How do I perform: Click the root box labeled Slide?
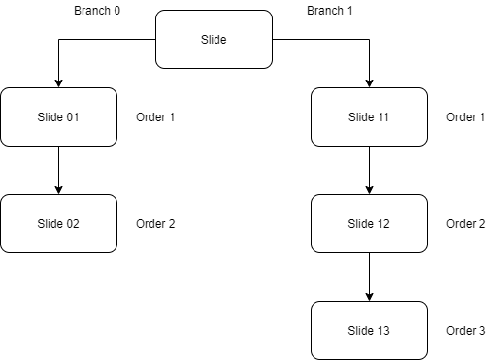click(x=214, y=39)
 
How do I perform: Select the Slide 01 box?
click(x=58, y=116)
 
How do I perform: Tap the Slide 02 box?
click(x=58, y=223)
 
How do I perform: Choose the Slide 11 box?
click(x=369, y=116)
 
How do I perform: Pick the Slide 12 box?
click(x=369, y=223)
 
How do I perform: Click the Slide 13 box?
click(x=369, y=330)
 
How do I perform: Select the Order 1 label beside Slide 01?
click(x=155, y=117)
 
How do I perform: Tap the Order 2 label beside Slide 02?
click(x=155, y=224)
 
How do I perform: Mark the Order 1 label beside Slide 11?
click(x=466, y=117)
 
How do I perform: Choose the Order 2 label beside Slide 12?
click(x=466, y=224)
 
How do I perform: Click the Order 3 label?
click(x=466, y=331)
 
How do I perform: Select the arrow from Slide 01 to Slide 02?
click(x=58, y=169)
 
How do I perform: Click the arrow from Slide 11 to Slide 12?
click(x=369, y=169)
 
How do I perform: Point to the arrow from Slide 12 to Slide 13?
click(x=369, y=276)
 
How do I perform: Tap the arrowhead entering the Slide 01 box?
click(x=58, y=82)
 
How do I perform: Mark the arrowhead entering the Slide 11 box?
click(x=369, y=82)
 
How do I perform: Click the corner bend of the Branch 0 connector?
click(x=58, y=39)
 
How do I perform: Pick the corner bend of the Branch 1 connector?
click(x=369, y=39)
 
